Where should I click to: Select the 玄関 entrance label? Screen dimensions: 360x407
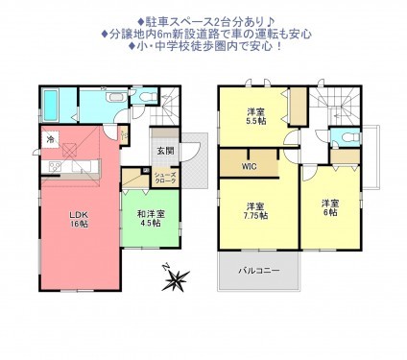165,151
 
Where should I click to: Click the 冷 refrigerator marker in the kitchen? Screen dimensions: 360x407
50,139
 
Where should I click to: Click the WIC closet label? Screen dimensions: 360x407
249,166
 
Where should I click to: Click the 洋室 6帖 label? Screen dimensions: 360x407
329,207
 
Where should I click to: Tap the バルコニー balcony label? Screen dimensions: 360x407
260,271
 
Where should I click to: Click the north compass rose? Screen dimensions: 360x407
176,281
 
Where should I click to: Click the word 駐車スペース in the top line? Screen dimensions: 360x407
173,19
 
